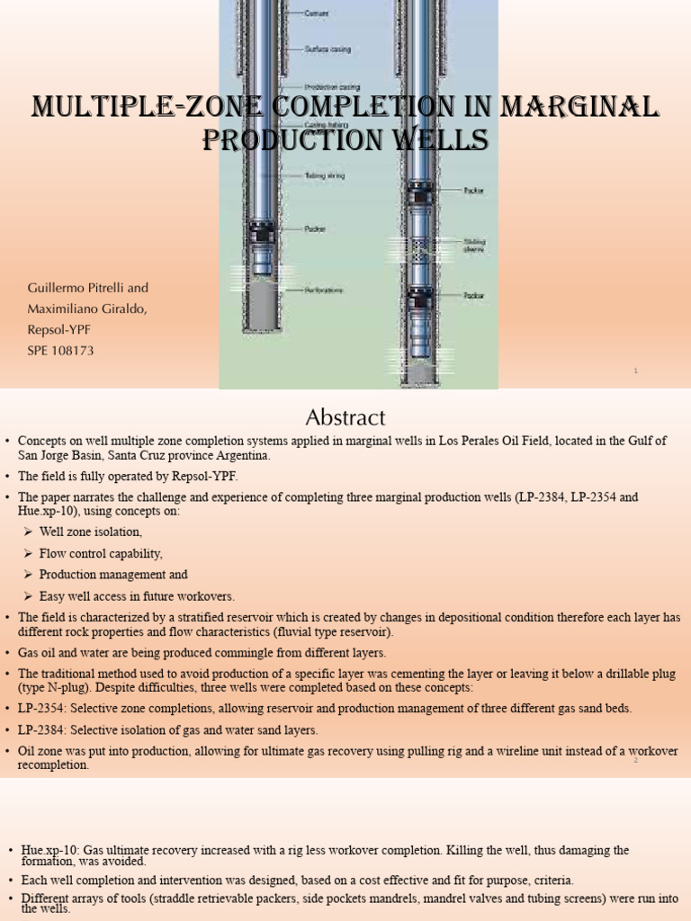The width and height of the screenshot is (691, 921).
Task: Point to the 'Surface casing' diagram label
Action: (x=330, y=50)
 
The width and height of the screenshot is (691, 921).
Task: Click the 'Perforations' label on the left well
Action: (x=326, y=291)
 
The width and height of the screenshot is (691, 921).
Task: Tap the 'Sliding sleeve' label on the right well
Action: (x=474, y=245)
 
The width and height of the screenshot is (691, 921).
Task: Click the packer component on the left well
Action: (x=263, y=233)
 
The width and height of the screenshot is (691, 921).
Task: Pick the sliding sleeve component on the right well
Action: (x=417, y=248)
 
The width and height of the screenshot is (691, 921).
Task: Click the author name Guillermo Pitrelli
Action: (x=88, y=288)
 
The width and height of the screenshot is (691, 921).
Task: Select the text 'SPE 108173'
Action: (x=61, y=350)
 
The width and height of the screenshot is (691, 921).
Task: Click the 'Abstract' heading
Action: (x=345, y=417)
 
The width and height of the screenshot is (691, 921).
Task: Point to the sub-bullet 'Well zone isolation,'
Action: (x=91, y=532)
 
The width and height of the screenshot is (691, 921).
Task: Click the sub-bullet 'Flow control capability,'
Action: (x=101, y=553)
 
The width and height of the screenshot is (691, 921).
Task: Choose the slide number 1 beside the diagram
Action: (x=635, y=370)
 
